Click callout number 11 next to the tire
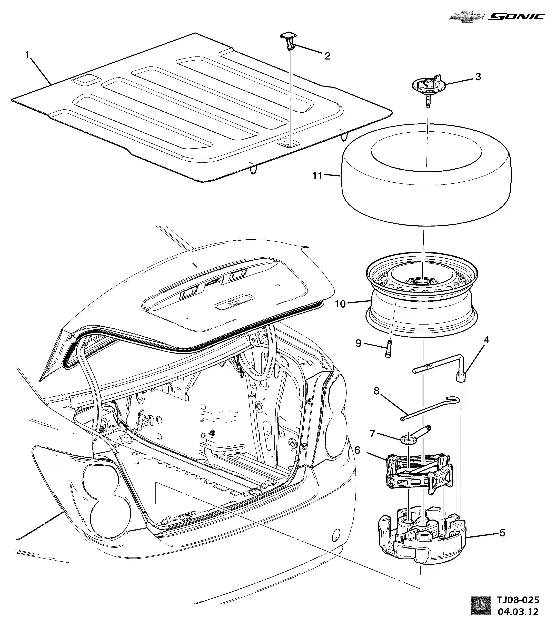point(317,175)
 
